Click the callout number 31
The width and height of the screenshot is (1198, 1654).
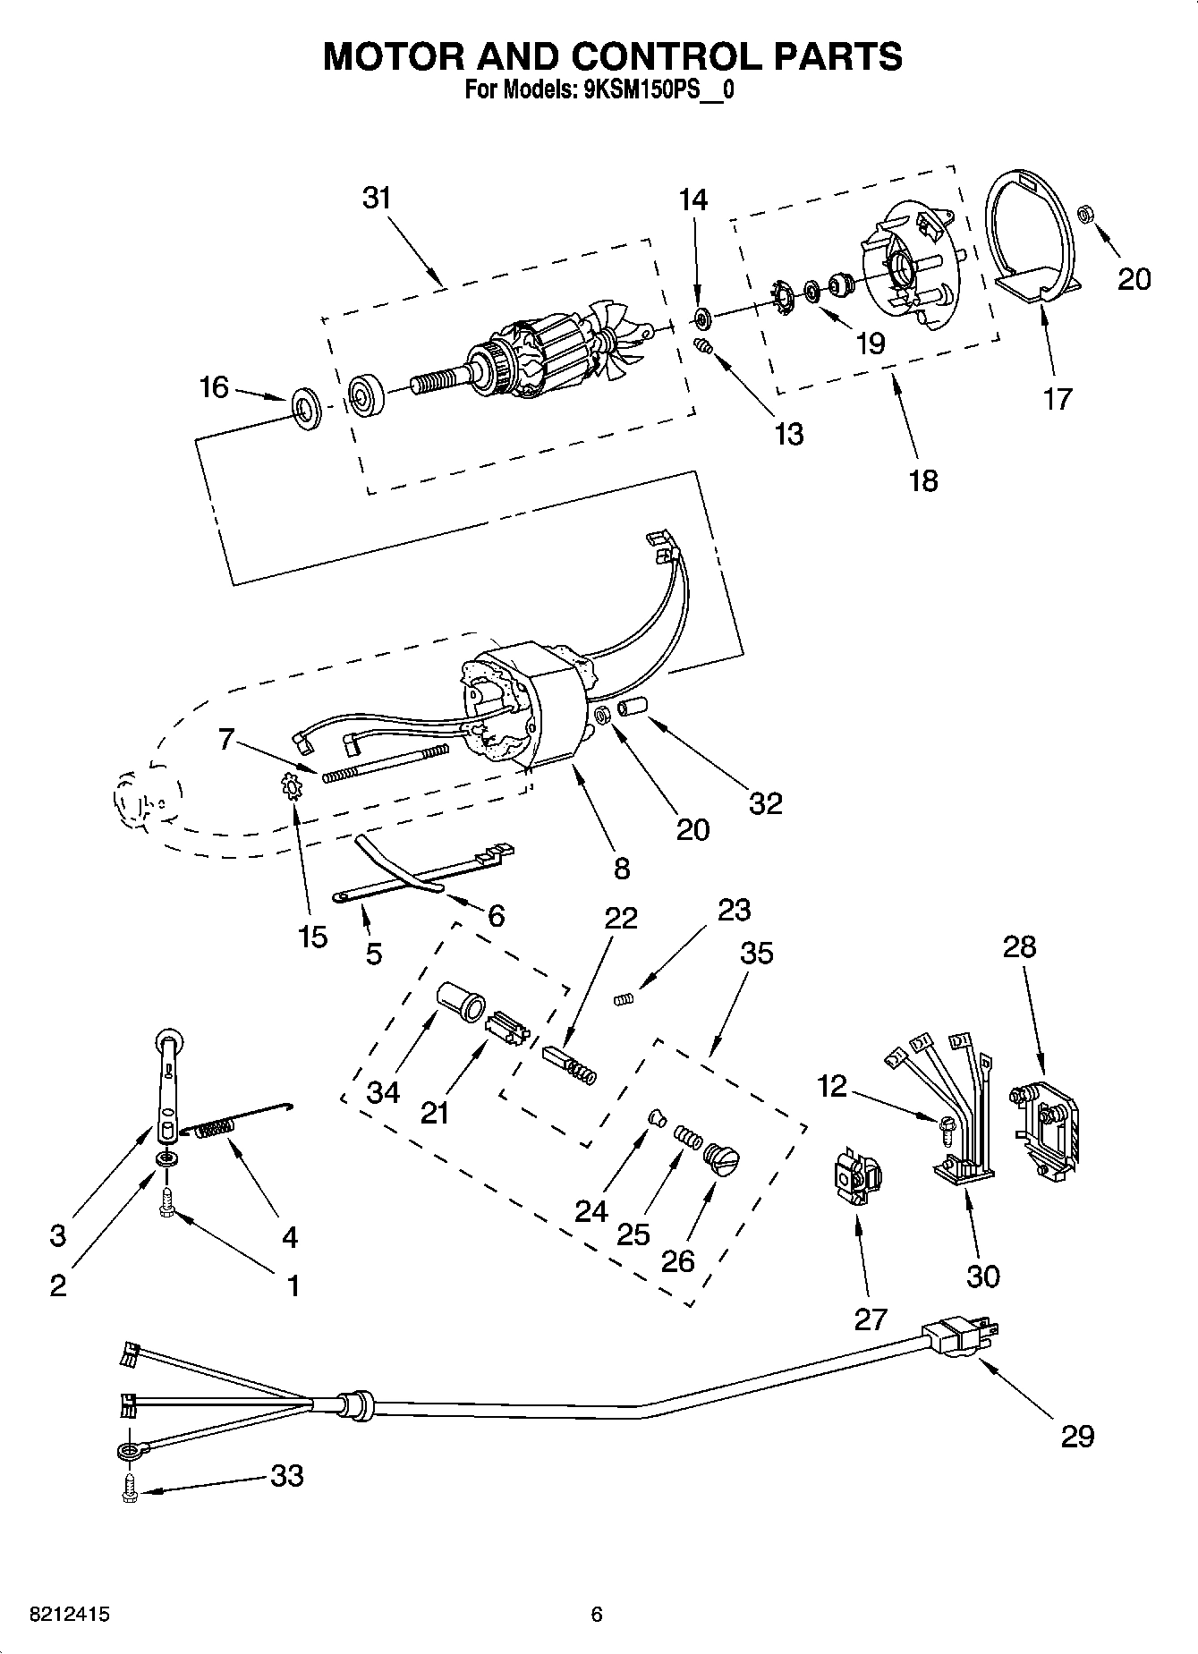(377, 198)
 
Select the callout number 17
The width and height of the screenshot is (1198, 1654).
(1057, 398)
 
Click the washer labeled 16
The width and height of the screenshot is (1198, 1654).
(307, 406)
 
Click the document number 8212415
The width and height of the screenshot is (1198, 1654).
(57, 1615)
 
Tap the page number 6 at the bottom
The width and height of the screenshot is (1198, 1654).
(597, 1615)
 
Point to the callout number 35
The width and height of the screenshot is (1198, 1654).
(756, 954)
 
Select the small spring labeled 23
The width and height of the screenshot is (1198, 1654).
(624, 998)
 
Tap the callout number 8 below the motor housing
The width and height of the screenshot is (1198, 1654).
(621, 867)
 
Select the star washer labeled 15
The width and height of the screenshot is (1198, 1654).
(291, 787)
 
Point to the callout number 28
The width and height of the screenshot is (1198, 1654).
(1019, 946)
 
